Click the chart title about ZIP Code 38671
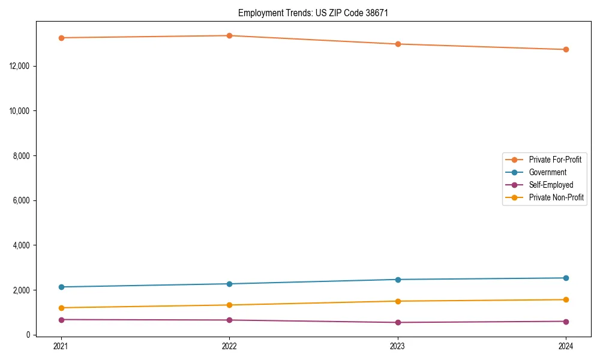(313, 13)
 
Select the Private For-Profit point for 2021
(61, 38)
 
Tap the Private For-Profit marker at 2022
(229, 35)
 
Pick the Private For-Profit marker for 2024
(566, 49)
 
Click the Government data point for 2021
(61, 287)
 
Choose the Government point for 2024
(566, 278)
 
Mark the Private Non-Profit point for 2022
(229, 305)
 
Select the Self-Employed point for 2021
(61, 320)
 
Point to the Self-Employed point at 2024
(566, 321)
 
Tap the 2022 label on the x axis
(229, 346)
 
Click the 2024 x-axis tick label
(566, 346)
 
